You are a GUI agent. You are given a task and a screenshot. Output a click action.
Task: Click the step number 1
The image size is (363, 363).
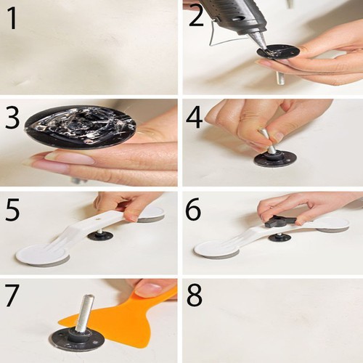12,17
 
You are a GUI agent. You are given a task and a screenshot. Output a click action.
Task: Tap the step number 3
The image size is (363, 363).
12,118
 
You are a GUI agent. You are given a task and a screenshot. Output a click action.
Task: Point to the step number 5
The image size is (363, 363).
12,210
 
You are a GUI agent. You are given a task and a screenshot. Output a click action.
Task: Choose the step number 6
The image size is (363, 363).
195,210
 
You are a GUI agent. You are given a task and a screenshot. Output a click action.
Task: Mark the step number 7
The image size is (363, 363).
12,298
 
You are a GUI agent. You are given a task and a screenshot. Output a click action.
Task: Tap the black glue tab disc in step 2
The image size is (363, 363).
277,52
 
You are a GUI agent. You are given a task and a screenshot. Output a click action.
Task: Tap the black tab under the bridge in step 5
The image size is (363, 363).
99,234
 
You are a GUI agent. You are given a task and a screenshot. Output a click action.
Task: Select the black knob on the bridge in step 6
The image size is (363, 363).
279,219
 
